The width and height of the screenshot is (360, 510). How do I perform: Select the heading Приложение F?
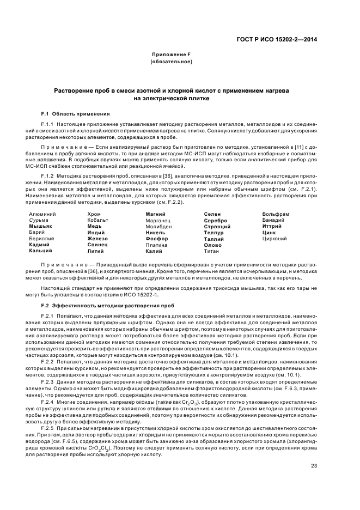coord(170,55)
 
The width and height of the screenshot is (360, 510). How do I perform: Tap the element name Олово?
coord(213,245)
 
